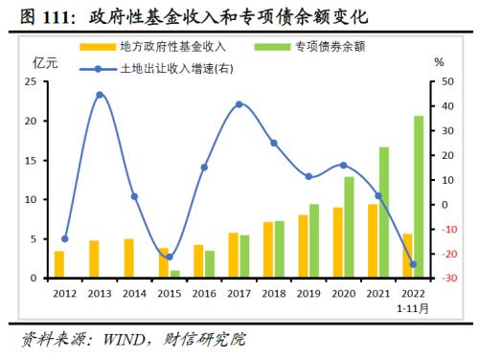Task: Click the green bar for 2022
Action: [x=419, y=197]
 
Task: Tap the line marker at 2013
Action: [x=100, y=95]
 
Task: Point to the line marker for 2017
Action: [x=239, y=104]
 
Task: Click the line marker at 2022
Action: [x=413, y=264]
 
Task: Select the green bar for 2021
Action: [x=384, y=213]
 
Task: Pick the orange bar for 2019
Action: [x=303, y=246]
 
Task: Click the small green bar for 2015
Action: [x=175, y=274]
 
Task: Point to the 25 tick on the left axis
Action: [x=31, y=82]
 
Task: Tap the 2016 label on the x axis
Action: [x=204, y=293]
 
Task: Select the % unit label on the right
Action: [x=439, y=61]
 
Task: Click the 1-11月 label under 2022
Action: [x=414, y=308]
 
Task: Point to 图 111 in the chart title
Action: [x=42, y=15]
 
